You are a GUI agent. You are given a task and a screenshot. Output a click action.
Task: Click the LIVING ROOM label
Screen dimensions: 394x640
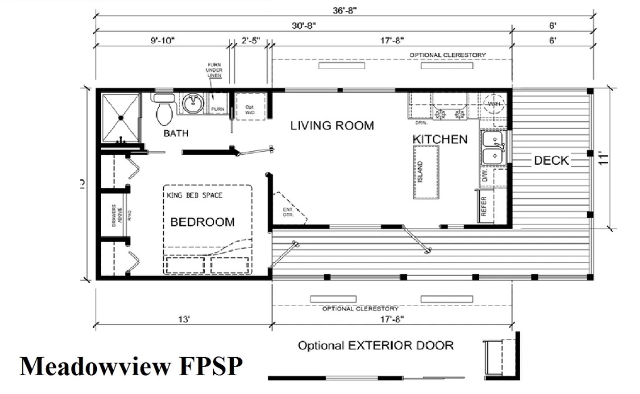coord(332,125)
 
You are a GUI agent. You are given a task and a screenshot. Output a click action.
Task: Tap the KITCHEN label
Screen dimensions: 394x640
coord(440,139)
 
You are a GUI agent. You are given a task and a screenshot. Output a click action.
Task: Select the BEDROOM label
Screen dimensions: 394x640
coord(202,222)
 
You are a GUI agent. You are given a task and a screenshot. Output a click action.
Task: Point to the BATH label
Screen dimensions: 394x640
coord(176,134)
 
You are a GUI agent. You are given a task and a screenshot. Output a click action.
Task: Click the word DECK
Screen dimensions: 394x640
coord(551,160)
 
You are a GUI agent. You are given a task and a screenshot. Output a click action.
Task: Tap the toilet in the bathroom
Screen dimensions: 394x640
coord(165,110)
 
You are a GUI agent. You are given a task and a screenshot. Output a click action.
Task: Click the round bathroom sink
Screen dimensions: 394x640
coord(192,104)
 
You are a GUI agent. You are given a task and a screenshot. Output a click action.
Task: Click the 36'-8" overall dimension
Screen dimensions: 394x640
coord(346,10)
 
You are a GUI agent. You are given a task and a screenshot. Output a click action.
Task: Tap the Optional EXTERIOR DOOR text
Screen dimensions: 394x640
coord(376,345)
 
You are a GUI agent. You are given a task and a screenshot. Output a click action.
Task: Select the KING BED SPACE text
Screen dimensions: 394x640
coord(194,195)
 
